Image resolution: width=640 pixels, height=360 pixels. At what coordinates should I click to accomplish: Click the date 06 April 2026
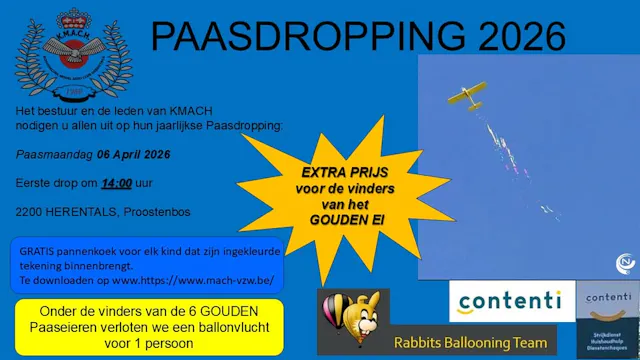133,155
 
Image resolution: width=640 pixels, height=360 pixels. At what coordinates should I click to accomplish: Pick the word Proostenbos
160,212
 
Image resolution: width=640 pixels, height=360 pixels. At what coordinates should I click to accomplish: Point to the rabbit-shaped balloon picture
352,319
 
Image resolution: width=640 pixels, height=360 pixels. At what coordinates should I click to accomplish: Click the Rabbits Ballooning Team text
464,339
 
